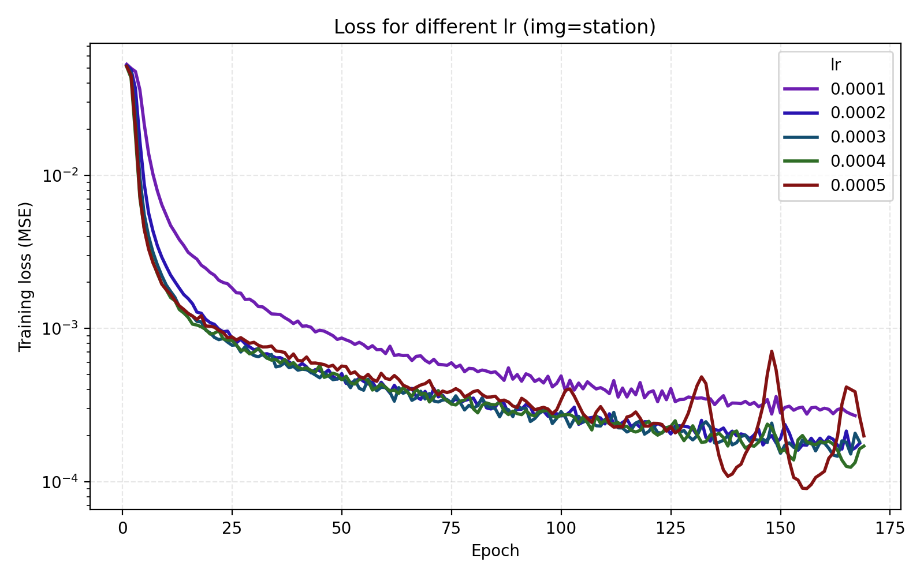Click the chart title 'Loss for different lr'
pyautogui.click(x=495, y=27)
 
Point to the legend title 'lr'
pyautogui.click(x=836, y=65)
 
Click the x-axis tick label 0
pyautogui.click(x=122, y=528)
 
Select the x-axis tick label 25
pyautogui.click(x=232, y=528)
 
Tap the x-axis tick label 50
pyautogui.click(x=342, y=528)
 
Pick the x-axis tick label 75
pyautogui.click(x=452, y=528)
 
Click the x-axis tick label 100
pyautogui.click(x=561, y=528)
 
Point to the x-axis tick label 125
pyautogui.click(x=671, y=528)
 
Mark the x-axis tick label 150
pyautogui.click(x=781, y=528)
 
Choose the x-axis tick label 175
pyautogui.click(x=890, y=528)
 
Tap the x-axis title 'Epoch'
pyautogui.click(x=495, y=551)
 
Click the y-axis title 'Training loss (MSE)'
pyautogui.click(x=25, y=276)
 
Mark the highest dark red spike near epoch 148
pyautogui.click(x=772, y=351)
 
